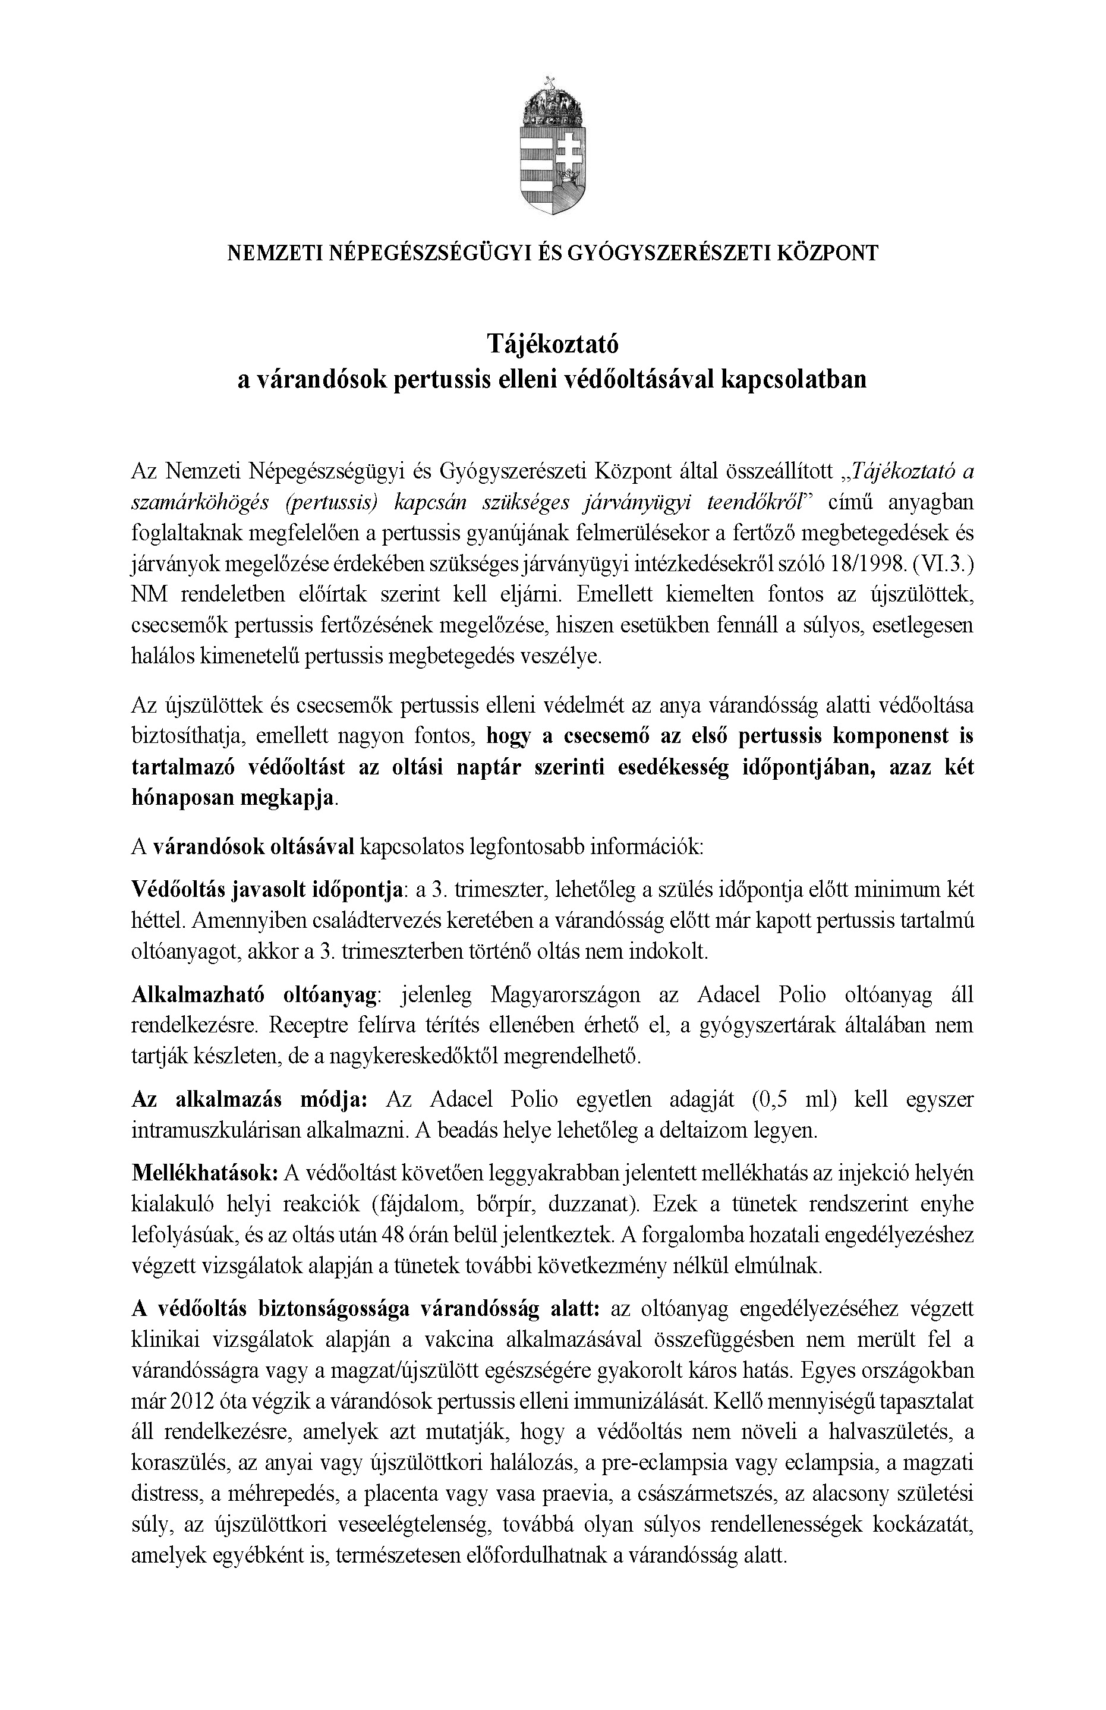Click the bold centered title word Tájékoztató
[x=552, y=345]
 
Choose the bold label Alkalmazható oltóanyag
[x=255, y=996]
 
